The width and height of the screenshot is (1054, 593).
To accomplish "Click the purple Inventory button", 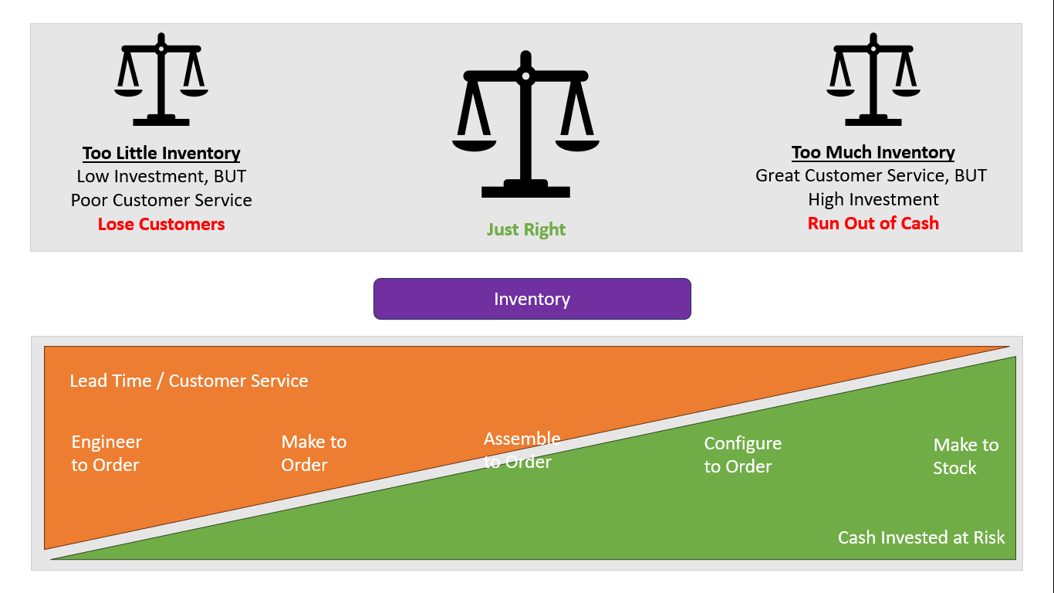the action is click(x=532, y=299).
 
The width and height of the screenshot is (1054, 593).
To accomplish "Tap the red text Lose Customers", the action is click(x=161, y=224).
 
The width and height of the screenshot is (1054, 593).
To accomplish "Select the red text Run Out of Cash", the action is click(x=873, y=223).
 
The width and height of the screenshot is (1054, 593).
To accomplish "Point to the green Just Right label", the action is click(x=526, y=229).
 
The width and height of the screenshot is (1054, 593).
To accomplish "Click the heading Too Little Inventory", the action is click(x=161, y=153).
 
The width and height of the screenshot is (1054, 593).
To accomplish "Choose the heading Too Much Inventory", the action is click(x=873, y=152).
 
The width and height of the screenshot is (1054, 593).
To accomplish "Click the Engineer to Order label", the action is click(x=106, y=453).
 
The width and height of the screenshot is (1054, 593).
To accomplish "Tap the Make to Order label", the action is click(x=314, y=453).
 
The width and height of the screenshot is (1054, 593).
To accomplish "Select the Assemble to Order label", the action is click(x=522, y=450).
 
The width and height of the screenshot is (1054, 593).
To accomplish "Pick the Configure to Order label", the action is click(x=743, y=455).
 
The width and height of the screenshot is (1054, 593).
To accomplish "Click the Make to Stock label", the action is click(x=965, y=456).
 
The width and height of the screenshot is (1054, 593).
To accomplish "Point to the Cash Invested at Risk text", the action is click(x=921, y=537).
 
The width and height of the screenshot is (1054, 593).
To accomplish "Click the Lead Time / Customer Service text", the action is click(x=189, y=381).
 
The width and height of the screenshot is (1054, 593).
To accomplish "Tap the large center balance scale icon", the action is click(x=525, y=124).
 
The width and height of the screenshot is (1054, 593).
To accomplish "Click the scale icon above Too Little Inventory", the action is click(x=161, y=79).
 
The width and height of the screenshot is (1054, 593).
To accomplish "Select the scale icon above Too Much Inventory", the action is click(x=873, y=79).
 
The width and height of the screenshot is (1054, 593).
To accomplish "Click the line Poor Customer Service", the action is click(x=161, y=200).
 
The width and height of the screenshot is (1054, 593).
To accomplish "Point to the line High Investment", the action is click(x=873, y=199).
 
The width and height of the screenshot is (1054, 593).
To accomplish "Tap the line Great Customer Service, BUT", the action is click(x=871, y=175).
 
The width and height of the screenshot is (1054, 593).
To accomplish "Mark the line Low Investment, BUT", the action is click(x=161, y=176).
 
